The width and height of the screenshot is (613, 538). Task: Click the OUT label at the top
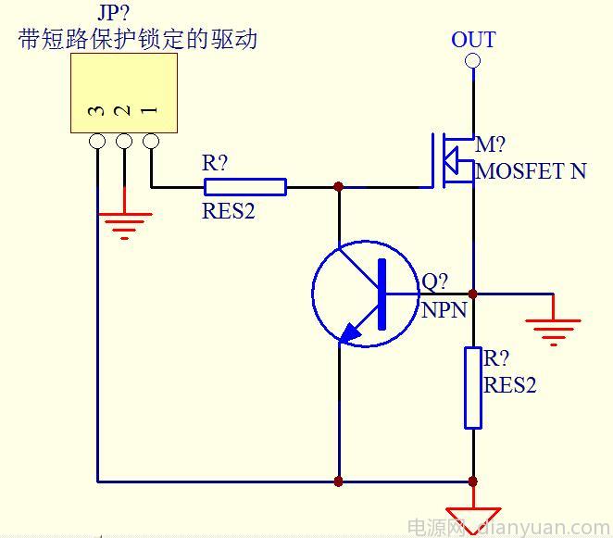pos(473,40)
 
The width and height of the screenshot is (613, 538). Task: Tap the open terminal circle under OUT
pos(473,61)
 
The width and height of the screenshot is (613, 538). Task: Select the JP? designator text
pos(113,14)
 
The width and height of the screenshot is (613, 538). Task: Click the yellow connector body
pos(124,93)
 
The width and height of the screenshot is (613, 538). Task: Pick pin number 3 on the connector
pos(96,111)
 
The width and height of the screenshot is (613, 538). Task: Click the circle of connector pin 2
pos(124,142)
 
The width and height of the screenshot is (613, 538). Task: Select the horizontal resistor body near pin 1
pos(244,187)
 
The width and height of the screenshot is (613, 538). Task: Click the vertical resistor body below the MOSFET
pos(473,388)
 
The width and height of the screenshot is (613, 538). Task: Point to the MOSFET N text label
pos(531,171)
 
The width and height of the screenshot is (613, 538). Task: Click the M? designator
pos(491,145)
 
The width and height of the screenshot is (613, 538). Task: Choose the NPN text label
pos(444,310)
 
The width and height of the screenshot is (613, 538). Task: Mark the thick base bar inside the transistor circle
pos(381,294)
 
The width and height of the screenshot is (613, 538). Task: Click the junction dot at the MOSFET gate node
pos(339,187)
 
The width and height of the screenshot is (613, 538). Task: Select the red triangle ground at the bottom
pos(473,519)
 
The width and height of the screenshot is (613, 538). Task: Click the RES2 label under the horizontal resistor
pos(228,211)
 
